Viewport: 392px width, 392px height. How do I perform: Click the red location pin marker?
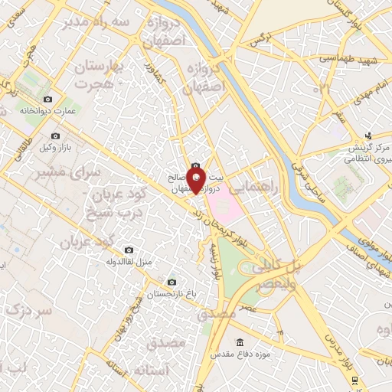coord(196,182)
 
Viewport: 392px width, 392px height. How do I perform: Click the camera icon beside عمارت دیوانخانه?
coord(48,100)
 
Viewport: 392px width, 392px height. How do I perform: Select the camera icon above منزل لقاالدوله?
coord(128,250)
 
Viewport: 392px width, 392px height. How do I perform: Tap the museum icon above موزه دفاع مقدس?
coord(240,341)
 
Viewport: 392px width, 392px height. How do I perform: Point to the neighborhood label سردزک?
coord(26,312)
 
